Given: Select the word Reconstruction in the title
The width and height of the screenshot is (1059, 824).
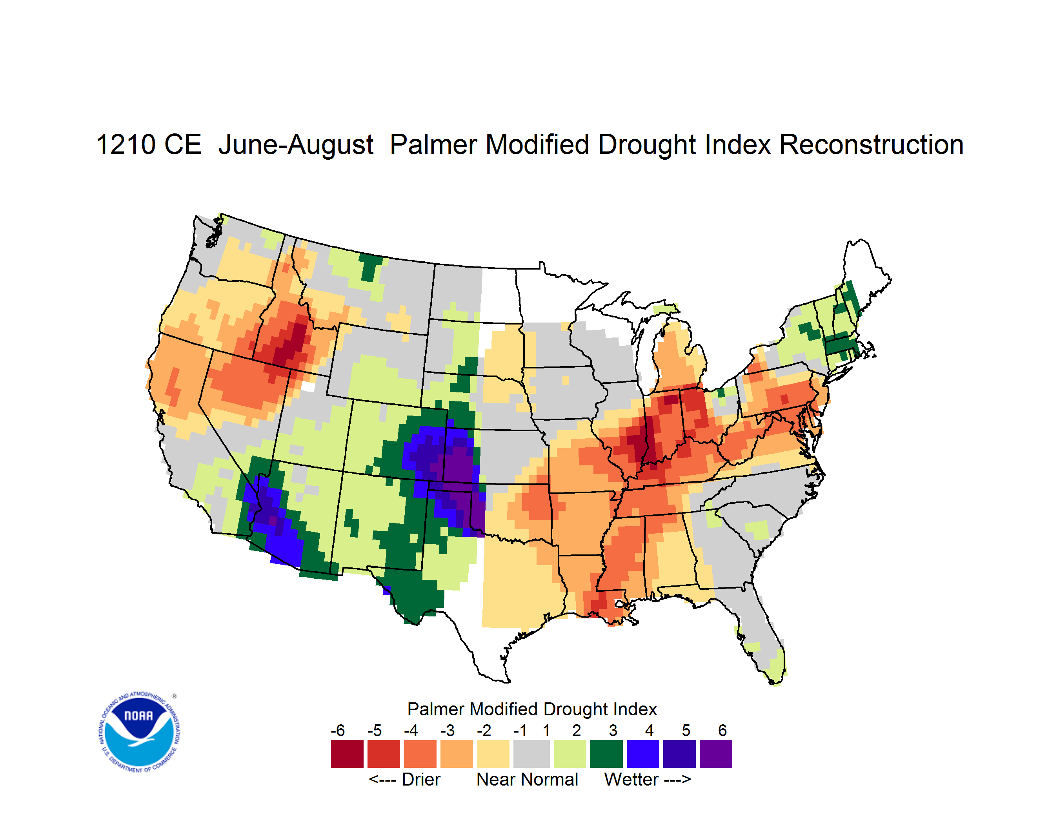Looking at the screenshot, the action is [872, 144].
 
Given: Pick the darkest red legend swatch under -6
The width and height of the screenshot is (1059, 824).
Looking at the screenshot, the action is [347, 754].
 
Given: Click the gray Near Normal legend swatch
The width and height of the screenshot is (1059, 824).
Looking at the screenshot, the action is [531, 754].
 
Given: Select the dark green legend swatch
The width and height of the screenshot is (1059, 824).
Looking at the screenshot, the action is [606, 754].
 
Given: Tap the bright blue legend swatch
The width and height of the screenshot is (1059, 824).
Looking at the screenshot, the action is [643, 754].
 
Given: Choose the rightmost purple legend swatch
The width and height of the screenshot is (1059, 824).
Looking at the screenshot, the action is [716, 754].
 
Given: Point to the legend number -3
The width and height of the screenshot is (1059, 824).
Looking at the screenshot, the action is [448, 730].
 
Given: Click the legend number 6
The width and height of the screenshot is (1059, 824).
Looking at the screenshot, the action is [722, 730].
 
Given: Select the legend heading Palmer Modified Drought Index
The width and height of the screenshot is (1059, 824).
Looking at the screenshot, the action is [532, 709].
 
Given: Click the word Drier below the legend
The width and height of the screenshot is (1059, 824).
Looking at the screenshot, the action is [421, 779].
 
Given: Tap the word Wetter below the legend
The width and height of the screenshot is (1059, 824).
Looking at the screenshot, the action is [631, 779].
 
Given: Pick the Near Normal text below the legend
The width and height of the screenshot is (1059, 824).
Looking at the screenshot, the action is [527, 779].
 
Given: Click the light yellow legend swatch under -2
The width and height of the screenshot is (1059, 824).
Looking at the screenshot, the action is [493, 754].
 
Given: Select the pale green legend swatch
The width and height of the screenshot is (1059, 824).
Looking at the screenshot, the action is [570, 754].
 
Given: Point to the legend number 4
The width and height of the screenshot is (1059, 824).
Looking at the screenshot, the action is [649, 730].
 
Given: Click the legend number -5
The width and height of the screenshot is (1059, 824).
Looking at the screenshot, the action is [374, 730].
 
